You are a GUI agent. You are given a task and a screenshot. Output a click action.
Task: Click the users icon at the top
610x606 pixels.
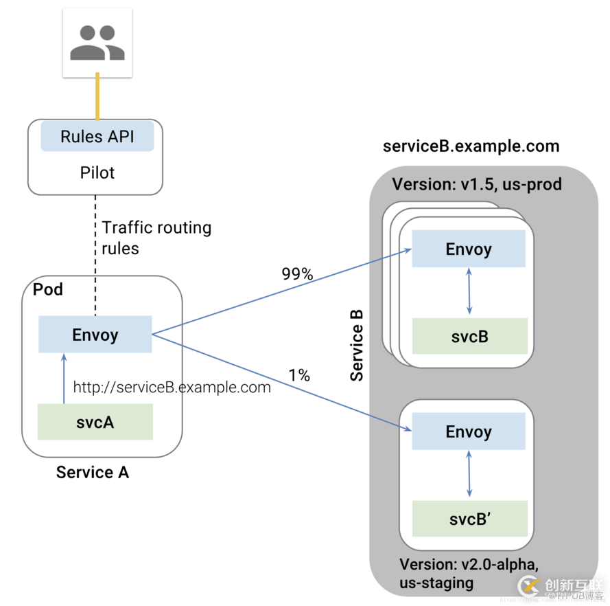97,42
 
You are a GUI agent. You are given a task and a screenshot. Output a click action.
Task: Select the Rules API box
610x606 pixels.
97,136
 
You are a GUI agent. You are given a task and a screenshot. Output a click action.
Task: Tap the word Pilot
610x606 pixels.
97,172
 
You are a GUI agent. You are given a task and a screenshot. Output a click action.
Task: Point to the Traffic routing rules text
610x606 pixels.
156,238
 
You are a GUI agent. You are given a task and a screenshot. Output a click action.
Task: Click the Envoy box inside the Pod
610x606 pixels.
95,335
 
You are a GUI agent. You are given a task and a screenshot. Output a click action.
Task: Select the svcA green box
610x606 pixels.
95,422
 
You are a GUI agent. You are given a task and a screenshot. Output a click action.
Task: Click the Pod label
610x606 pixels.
48,289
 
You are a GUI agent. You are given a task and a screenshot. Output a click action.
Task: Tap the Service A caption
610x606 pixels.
92,472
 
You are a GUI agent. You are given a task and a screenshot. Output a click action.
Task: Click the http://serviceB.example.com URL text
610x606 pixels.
172,388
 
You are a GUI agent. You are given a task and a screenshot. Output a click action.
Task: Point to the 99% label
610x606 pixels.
297,274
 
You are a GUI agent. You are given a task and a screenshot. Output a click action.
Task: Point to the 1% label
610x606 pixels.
299,375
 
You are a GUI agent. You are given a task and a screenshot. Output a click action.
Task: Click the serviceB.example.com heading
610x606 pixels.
471,146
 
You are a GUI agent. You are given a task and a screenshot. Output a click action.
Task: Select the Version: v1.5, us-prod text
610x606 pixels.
477,184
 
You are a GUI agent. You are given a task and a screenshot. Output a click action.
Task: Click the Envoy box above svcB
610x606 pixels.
469,249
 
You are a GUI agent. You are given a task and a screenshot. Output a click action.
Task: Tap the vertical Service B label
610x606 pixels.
357,344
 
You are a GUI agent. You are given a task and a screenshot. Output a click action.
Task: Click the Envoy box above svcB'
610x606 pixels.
469,431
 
